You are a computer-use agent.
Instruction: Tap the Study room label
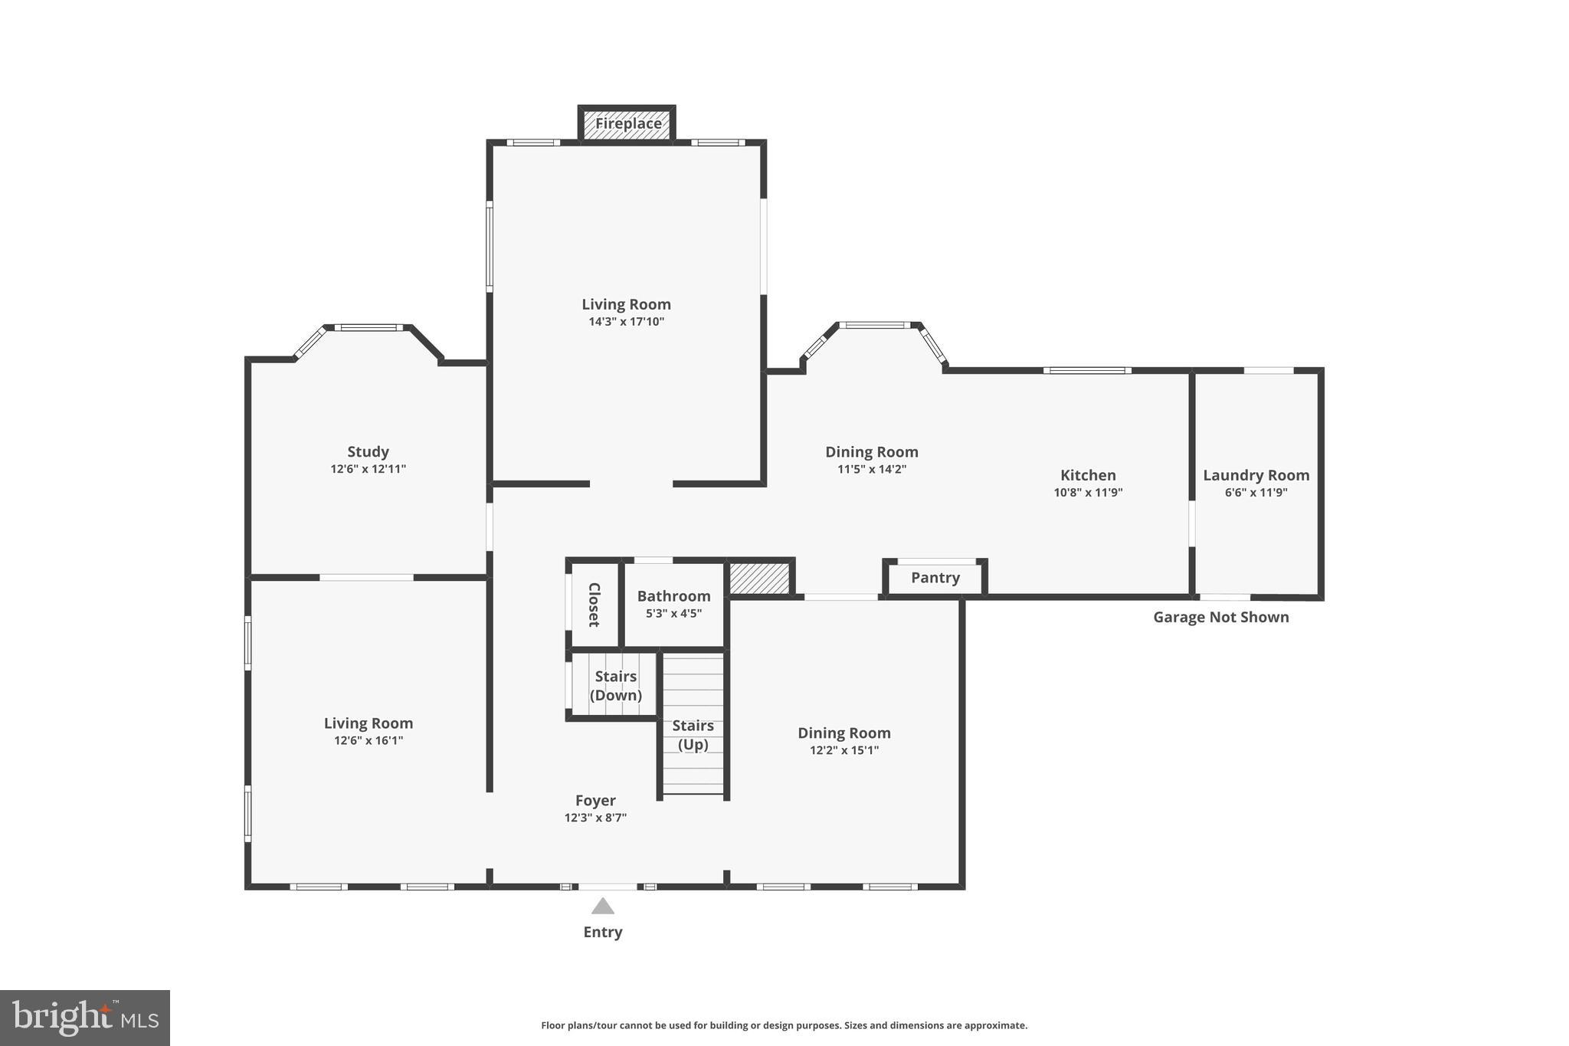pos(368,452)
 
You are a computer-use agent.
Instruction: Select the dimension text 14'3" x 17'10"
pos(626,322)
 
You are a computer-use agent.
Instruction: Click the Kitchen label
pos(1088,475)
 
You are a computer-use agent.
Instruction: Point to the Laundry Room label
pos(1256,475)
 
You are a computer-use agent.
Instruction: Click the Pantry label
pos(935,578)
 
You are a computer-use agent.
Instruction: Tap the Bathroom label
pos(673,596)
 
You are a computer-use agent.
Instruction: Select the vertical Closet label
pos(594,605)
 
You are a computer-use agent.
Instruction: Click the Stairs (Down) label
pos(615,686)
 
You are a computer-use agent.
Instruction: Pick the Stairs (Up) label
pos(693,734)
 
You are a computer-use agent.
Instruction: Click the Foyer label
pos(595,801)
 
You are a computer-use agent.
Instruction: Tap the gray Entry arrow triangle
pos(603,907)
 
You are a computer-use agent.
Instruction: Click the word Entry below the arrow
pos(603,933)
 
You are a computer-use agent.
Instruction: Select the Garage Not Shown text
pos(1220,618)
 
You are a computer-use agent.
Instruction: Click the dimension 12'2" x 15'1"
pos(844,750)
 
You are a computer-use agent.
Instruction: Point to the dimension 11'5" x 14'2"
pos(871,469)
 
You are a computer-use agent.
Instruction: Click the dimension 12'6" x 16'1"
pos(369,740)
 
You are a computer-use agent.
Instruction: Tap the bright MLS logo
pos(85,1018)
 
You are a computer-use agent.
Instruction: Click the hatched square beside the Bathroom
pos(758,578)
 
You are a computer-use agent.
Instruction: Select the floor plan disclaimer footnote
pos(784,1025)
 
